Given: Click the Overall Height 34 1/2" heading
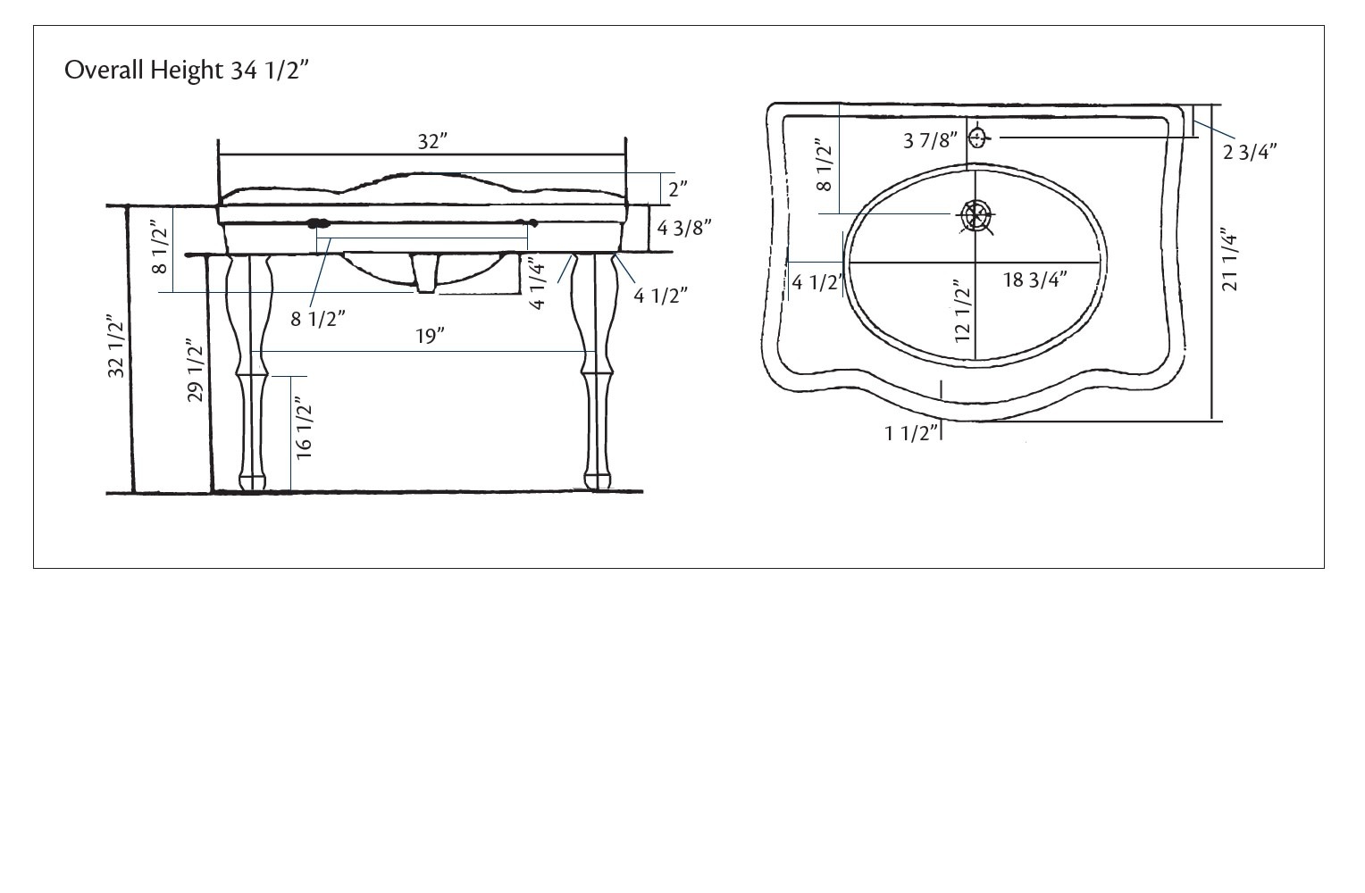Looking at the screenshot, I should click(x=187, y=70).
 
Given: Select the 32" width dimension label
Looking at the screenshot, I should click(x=431, y=141).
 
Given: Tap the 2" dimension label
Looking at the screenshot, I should click(x=678, y=188).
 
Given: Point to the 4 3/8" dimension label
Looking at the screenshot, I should click(x=684, y=228).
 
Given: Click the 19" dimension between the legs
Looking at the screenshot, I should click(x=430, y=336).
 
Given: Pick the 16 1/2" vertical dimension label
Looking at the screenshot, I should click(x=304, y=430).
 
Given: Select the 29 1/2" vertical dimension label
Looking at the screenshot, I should click(x=196, y=370).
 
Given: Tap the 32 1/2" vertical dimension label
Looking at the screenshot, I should click(x=116, y=346).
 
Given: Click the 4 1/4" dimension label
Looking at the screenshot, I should click(x=536, y=283).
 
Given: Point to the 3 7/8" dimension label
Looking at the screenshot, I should click(x=930, y=139).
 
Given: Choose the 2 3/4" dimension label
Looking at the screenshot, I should click(x=1249, y=152).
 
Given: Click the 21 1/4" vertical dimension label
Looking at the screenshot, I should click(x=1229, y=259).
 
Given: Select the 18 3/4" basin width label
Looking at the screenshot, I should click(x=1034, y=280).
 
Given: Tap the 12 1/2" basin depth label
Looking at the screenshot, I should click(x=961, y=313).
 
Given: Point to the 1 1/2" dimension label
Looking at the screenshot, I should click(x=912, y=433).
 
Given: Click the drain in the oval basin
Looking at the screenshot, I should click(x=976, y=214).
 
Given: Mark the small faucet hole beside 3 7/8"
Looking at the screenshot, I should click(x=978, y=138).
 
